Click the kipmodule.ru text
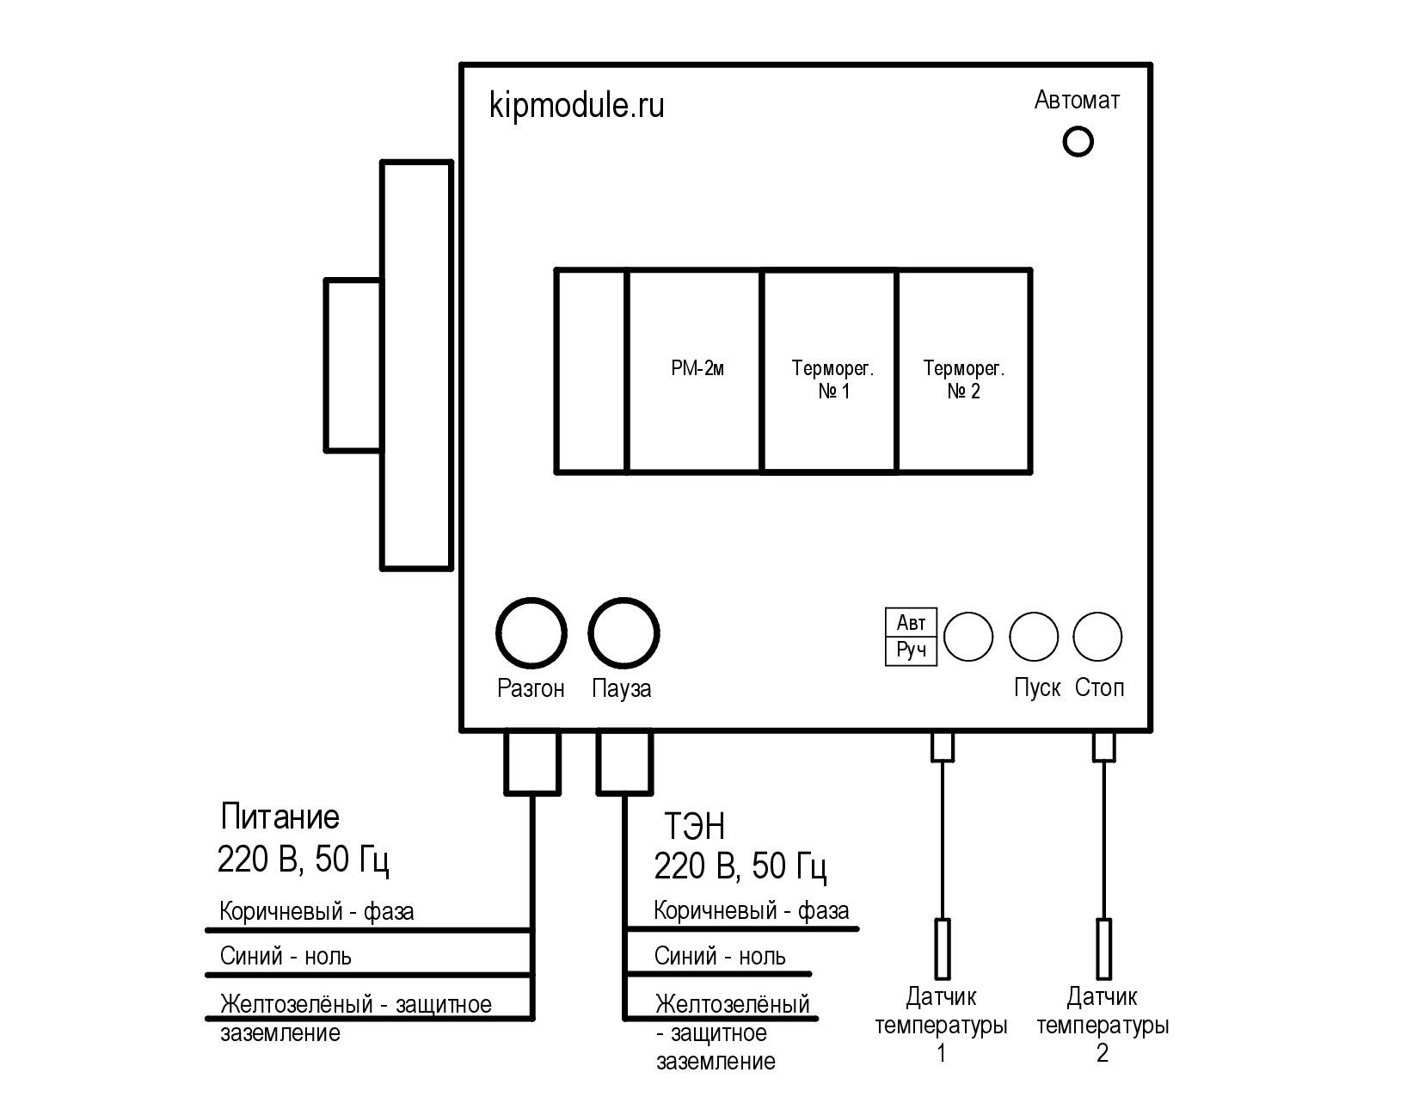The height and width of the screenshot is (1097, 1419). [x=576, y=106]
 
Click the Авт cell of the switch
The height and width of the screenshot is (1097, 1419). [x=911, y=623]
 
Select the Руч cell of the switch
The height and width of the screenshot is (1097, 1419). [x=911, y=651]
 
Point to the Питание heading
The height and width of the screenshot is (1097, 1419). [x=280, y=817]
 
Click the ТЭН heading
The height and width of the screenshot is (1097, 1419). [x=695, y=827]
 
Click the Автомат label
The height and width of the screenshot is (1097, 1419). [x=1078, y=101]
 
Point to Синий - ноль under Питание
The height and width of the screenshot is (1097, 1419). [x=286, y=957]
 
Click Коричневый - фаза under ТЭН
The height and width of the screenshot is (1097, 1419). [x=752, y=911]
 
